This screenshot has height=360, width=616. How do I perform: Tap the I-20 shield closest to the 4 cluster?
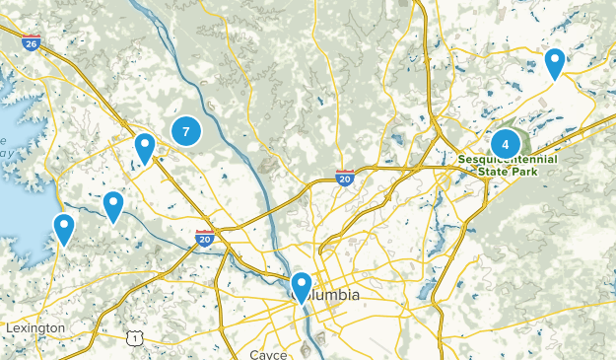[345, 177]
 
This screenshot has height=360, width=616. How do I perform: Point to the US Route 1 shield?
[135, 338]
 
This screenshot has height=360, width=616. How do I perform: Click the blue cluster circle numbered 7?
[185, 129]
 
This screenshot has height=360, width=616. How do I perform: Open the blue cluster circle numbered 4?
[506, 143]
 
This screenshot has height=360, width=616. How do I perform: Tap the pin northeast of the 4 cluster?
[555, 64]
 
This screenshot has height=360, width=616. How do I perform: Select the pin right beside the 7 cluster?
[145, 149]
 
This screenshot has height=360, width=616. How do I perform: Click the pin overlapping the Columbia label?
[301, 288]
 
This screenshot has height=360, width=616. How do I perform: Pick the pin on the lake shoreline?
[64, 230]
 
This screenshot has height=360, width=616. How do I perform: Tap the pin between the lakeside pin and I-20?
[113, 207]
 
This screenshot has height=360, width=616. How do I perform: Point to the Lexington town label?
[34, 327]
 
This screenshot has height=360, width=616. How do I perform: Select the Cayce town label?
[268, 354]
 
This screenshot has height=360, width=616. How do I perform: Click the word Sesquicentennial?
[508, 159]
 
